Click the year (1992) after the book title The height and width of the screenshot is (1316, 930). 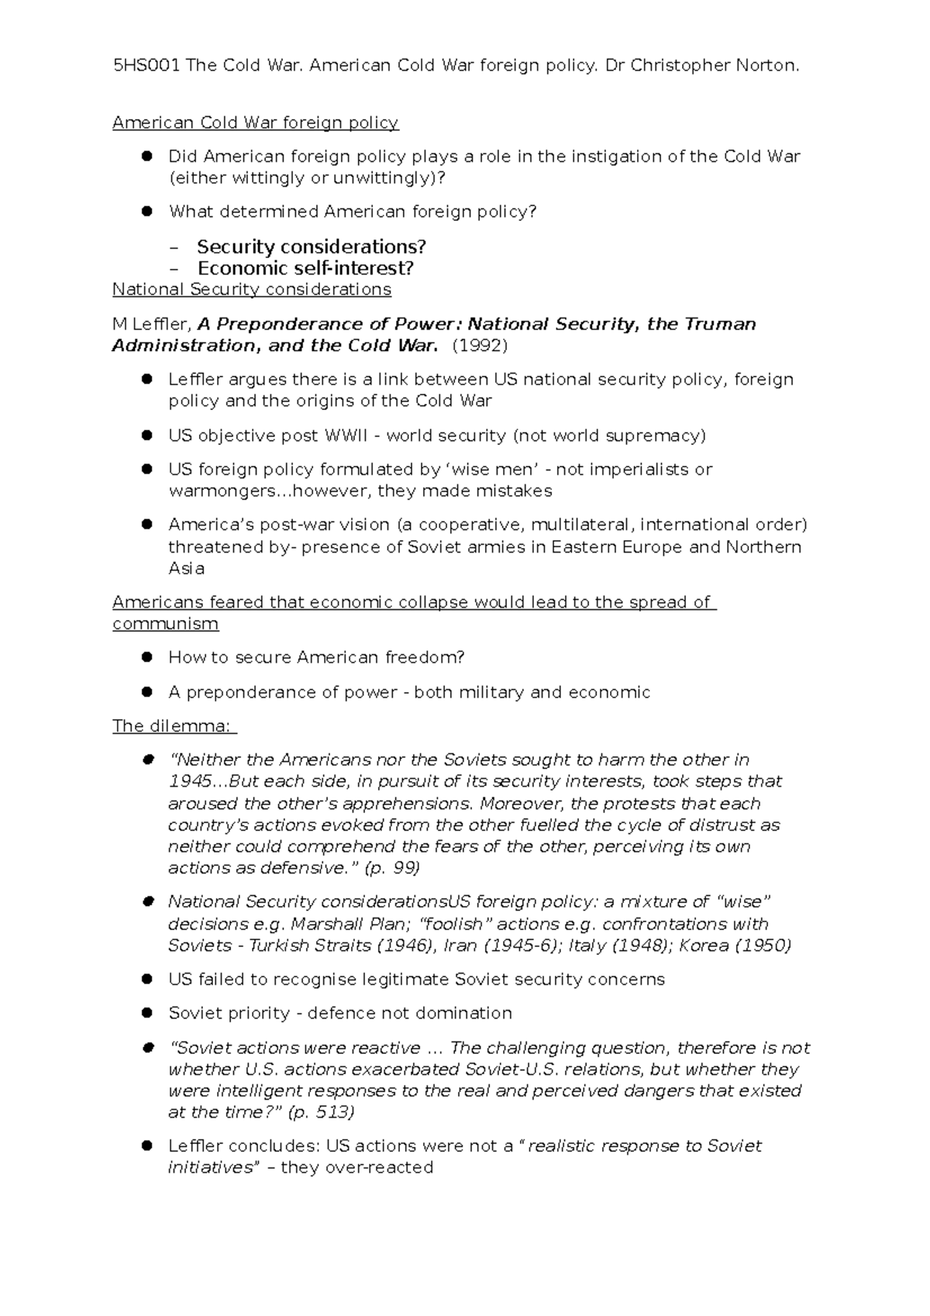[480, 346]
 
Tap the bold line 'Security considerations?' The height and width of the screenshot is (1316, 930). [311, 247]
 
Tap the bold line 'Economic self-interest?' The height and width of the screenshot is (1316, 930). [305, 268]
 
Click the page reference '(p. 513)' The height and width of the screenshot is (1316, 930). [321, 1112]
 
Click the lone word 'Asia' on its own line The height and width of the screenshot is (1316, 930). [186, 568]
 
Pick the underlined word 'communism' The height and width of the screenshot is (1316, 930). [165, 624]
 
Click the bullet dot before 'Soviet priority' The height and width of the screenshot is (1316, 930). [146, 1013]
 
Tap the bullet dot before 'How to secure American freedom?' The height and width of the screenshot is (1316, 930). [146, 657]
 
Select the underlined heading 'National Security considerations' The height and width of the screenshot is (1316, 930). [251, 290]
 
